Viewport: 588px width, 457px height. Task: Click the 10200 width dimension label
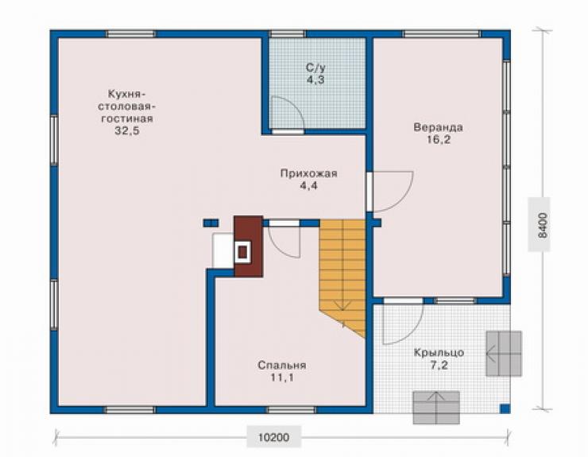coord(274,437)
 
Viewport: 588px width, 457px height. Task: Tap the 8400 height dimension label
coord(542,225)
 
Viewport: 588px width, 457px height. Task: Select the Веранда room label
coord(438,127)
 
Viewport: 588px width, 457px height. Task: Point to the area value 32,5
coord(127,131)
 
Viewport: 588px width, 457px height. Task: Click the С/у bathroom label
coord(315,68)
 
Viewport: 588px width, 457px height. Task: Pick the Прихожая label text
coord(308,173)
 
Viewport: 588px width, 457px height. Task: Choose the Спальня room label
coord(282,365)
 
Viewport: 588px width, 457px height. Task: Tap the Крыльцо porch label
coord(439,353)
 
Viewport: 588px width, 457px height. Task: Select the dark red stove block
coord(248,246)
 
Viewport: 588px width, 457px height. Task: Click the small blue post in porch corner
coord(505,409)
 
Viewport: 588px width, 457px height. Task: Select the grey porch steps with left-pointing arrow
coord(504,354)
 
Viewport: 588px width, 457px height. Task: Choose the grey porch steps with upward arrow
coord(436,408)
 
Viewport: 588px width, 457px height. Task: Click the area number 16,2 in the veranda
coord(438,140)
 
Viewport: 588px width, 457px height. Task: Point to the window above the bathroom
coord(288,34)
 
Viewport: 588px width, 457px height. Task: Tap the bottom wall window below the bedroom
coord(291,410)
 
